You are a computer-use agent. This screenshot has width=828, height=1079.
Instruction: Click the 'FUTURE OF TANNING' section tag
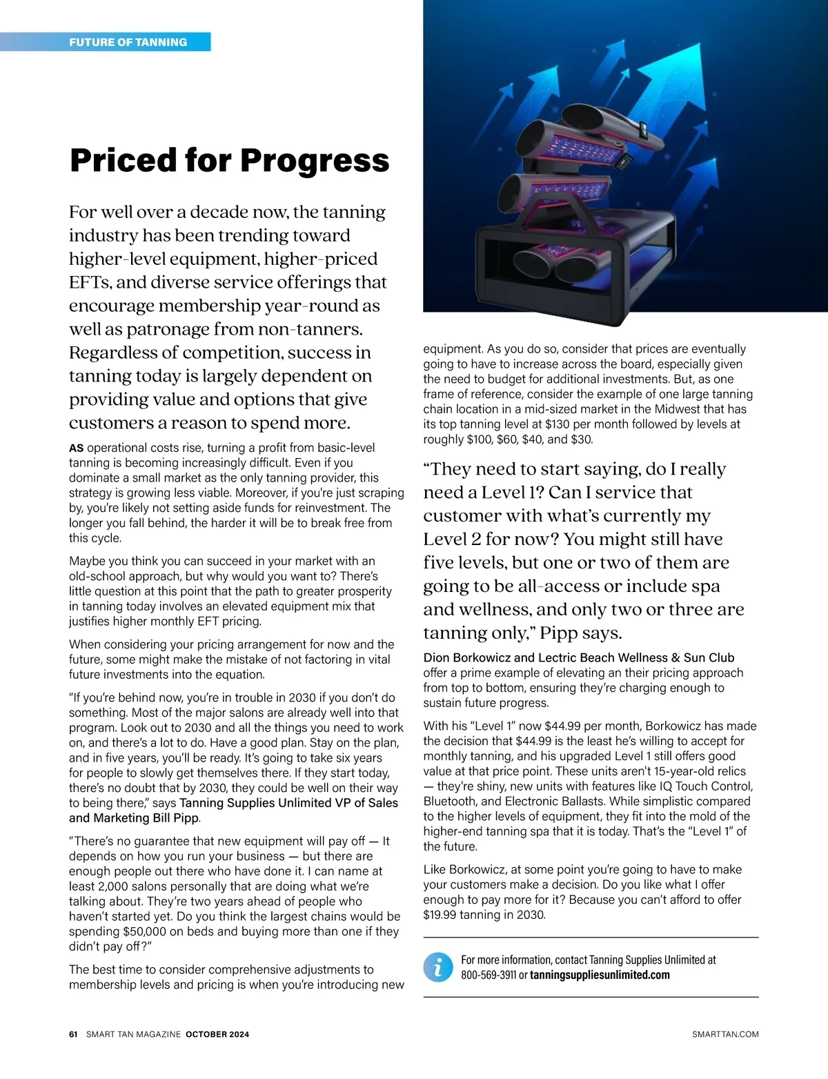[x=128, y=42]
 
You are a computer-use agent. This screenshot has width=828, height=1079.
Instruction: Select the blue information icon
[x=437, y=967]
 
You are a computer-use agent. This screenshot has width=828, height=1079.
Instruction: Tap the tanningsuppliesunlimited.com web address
[x=600, y=975]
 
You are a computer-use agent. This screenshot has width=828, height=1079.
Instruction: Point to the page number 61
[x=74, y=1034]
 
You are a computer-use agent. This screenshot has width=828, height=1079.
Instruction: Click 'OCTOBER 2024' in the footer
[x=217, y=1034]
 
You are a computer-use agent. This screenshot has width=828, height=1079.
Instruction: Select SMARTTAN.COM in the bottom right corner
[x=725, y=1034]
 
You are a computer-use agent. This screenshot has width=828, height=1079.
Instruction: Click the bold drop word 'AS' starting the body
[x=76, y=448]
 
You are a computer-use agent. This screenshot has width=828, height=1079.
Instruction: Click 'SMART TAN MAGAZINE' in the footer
[x=134, y=1034]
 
